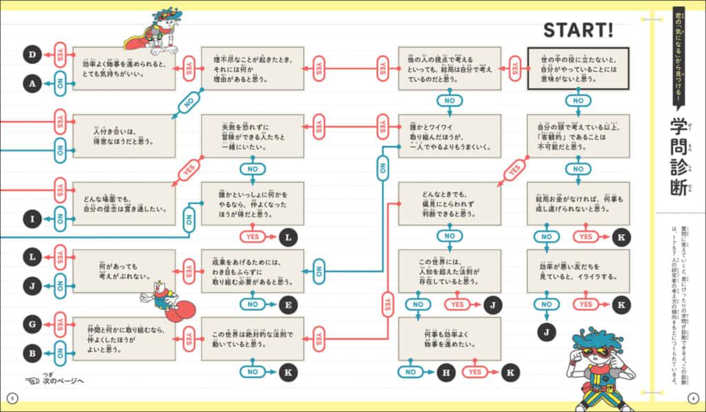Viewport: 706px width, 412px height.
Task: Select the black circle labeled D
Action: [x=32, y=53]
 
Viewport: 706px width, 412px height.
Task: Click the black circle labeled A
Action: [x=32, y=83]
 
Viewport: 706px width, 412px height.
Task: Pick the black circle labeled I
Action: [x=32, y=220]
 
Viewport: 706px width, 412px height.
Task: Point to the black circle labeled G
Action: [x=32, y=323]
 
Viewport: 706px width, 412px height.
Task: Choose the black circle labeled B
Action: [x=32, y=353]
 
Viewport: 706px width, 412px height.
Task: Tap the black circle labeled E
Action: [x=288, y=304]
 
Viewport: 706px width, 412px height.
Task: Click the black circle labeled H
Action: [x=446, y=373]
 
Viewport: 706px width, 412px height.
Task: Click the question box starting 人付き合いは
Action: [x=124, y=136]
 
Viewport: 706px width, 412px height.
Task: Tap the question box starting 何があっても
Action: [x=124, y=271]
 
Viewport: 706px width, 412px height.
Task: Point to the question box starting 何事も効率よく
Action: [x=450, y=339]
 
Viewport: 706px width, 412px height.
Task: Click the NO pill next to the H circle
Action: [x=412, y=373]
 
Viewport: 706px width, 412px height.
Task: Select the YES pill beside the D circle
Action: [x=61, y=53]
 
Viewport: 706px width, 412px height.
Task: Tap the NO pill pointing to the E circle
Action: [x=254, y=304]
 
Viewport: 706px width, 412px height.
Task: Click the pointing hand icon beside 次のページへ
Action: [x=32, y=381]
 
